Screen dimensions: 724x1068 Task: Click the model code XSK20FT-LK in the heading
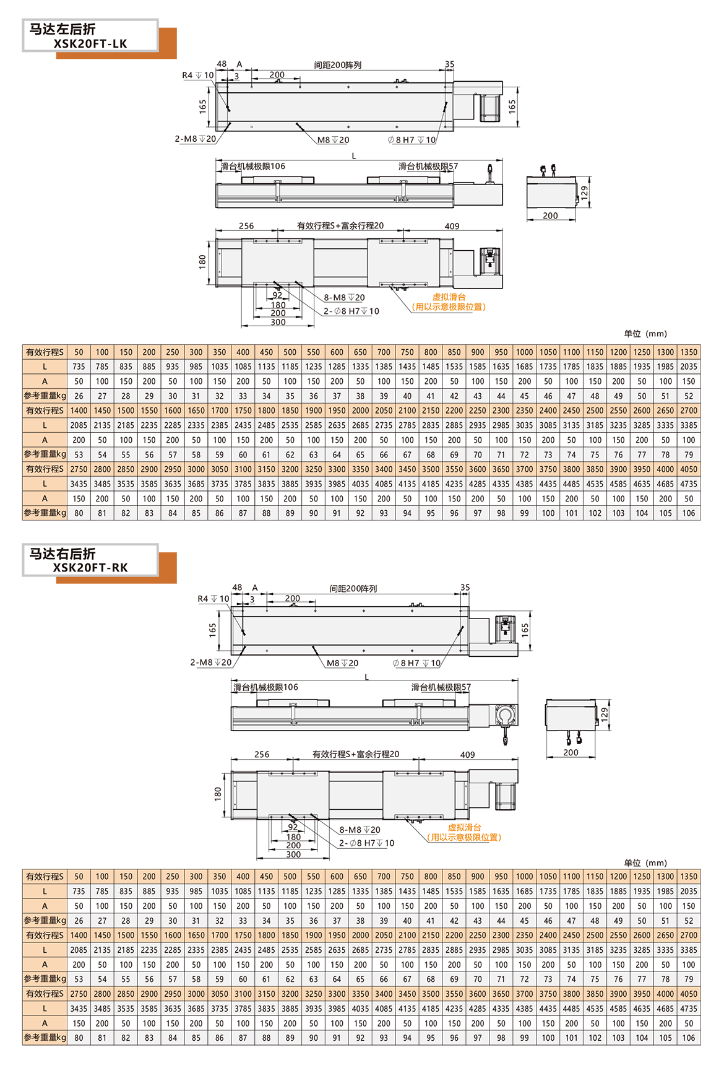[90, 43]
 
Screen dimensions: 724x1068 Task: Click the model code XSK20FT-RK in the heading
[90, 568]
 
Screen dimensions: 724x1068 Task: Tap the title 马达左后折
[62, 29]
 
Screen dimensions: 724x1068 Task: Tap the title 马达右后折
[62, 554]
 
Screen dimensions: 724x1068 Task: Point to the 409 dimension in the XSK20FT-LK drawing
[452, 226]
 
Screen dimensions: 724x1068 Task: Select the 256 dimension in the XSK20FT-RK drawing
[262, 755]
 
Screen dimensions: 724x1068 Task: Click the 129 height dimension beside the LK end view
[584, 193]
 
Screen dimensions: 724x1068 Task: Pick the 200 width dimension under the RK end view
[571, 753]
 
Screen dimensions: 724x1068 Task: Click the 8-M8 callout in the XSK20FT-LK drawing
[345, 298]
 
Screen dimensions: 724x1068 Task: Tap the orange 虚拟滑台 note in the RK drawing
[464, 827]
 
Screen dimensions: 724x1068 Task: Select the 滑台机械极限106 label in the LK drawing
[253, 167]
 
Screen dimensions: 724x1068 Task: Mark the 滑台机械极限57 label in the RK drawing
[441, 687]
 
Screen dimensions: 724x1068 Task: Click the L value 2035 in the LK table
[689, 367]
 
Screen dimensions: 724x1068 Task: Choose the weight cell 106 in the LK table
[689, 513]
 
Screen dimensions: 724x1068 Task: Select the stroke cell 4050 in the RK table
[689, 994]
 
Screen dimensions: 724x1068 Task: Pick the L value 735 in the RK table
[79, 892]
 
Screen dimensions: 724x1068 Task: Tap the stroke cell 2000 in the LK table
[360, 410]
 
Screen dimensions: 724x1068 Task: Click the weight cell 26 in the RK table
[79, 921]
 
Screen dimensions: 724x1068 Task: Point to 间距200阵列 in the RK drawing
[353, 589]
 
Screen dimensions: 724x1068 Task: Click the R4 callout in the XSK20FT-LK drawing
[197, 76]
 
